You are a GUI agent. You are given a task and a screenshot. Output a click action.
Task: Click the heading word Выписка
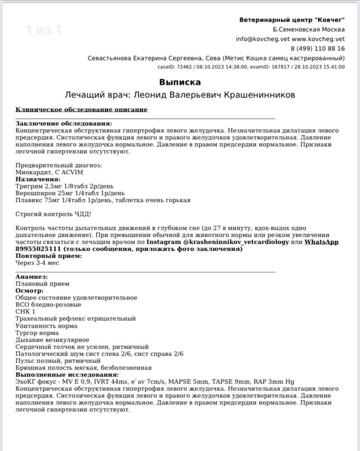pyautogui.click(x=179, y=82)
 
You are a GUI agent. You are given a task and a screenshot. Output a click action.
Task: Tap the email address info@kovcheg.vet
pyautogui.click(x=262, y=39)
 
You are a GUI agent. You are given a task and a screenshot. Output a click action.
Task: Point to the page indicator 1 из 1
pyautogui.click(x=44, y=30)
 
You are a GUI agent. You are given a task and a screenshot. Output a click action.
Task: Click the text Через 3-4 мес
pyautogui.click(x=38, y=263)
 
